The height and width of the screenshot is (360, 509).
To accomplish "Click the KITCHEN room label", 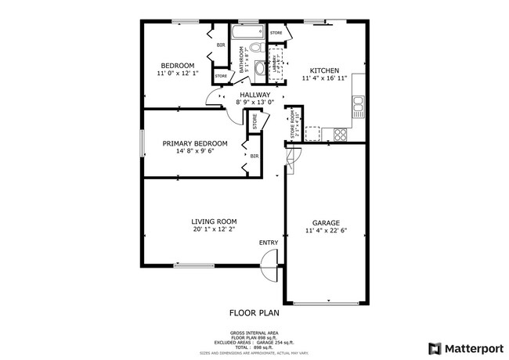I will (323, 70).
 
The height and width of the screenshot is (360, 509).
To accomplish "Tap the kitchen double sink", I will (359, 103).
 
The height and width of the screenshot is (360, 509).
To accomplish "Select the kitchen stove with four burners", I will (341, 135).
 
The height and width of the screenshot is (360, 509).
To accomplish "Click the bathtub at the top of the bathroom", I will (247, 33).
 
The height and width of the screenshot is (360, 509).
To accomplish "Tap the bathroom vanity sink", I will (258, 67).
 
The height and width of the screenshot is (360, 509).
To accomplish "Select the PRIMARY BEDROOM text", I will (195, 143).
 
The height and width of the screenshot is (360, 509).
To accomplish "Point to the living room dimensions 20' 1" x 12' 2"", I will (215, 230).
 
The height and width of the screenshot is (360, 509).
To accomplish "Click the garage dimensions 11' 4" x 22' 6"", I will (326, 231).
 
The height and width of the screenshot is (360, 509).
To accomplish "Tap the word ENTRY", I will (268, 243).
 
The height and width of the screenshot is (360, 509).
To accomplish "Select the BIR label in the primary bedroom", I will (254, 157).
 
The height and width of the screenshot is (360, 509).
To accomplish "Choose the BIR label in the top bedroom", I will (221, 45).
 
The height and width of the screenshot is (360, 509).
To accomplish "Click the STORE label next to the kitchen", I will (276, 33).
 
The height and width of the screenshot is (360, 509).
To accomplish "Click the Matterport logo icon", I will (433, 347).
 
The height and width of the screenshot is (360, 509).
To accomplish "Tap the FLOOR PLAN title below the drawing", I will (254, 312).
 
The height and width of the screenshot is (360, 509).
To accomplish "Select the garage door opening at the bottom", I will (325, 303).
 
